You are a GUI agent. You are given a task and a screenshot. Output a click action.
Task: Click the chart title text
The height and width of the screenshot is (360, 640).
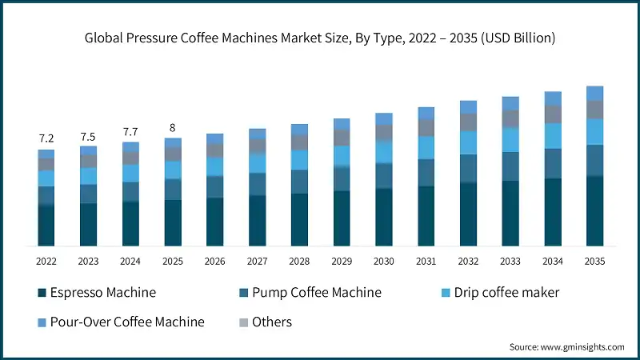pos(320,38)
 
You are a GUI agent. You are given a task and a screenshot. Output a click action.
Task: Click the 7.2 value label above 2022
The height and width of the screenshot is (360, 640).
pos(46,138)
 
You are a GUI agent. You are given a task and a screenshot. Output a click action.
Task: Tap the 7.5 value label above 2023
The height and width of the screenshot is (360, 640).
pos(88,135)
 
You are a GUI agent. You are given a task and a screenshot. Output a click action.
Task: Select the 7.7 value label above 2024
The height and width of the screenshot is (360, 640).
pos(130,131)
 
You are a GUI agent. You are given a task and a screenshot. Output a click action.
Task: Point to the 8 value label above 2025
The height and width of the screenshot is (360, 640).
pos(173,126)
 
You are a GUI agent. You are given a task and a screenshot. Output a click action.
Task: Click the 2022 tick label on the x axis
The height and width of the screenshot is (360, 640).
pos(46,262)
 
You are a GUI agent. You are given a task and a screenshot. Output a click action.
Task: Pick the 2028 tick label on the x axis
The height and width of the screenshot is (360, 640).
pos(299,262)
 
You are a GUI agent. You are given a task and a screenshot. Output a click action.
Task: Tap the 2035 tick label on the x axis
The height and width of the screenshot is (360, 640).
pos(594,262)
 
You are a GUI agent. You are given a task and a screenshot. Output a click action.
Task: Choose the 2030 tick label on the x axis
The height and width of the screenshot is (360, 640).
pos(383,262)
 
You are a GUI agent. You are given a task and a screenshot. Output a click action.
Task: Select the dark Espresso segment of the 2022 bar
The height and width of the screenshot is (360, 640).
pos(46,225)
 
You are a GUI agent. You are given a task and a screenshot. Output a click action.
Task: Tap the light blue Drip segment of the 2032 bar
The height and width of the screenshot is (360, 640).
pos(468,142)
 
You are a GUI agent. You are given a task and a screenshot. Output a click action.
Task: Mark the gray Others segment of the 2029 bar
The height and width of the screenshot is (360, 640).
pos(342,137)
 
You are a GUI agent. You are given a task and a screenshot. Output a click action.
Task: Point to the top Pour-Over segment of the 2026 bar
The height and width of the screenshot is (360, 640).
pos(215,138)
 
